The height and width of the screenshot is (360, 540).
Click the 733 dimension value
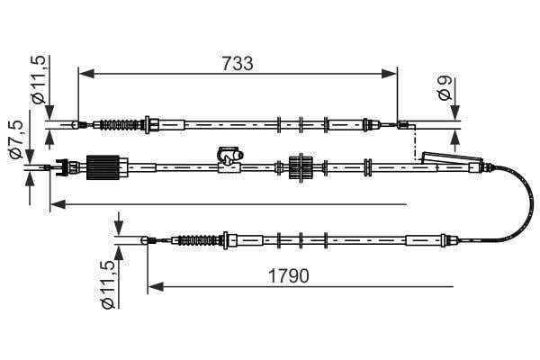(x=238, y=63)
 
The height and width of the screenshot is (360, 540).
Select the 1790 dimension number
(x=289, y=276)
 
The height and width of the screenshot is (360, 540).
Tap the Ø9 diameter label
(x=445, y=88)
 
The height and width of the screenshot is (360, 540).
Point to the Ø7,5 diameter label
(x=15, y=139)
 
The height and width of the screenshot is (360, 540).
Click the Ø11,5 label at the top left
(x=38, y=79)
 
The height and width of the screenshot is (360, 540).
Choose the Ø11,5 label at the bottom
(x=108, y=284)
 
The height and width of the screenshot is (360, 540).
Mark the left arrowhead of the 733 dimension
(x=86, y=74)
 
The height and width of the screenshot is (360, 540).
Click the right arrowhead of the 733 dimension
(x=389, y=74)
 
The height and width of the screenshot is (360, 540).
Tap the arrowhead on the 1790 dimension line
(x=156, y=286)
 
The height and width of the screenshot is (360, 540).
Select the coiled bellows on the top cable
(x=119, y=124)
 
